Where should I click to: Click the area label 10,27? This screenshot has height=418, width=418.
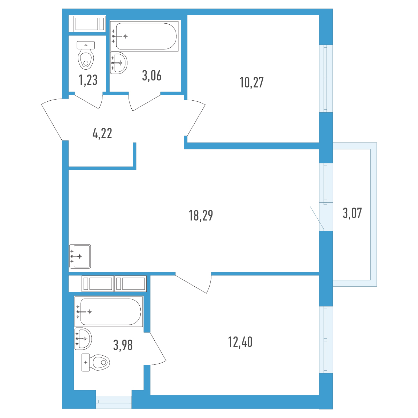251,83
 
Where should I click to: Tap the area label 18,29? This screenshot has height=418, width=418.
201,216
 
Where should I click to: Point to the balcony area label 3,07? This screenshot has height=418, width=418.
352,213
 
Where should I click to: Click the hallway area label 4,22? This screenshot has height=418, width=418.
102,133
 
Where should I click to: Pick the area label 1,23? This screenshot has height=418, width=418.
88,80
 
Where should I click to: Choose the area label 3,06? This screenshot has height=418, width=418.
152,76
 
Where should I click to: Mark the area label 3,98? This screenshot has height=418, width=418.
123,345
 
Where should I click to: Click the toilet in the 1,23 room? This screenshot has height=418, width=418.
86,55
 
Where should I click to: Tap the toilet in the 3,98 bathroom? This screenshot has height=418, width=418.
96,362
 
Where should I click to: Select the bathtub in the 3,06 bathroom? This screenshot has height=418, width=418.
144,36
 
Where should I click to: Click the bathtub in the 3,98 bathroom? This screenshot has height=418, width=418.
109,311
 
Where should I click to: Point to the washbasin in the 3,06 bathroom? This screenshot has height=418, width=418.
118,63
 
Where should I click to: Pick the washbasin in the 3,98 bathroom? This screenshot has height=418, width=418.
83,339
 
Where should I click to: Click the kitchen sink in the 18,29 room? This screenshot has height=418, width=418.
80,256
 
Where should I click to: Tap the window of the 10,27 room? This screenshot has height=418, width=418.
326,78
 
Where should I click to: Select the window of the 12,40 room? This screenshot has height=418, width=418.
326,340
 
